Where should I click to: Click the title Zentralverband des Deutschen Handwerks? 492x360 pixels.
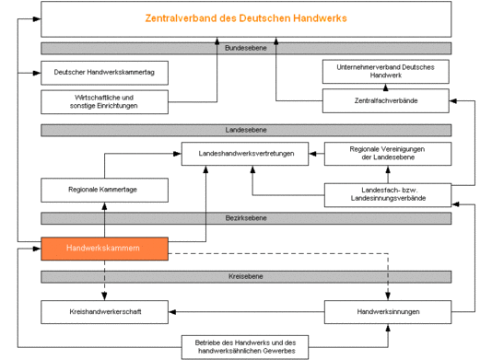246,18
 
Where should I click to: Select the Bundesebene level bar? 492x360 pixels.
246,48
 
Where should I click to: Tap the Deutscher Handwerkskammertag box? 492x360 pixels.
104,72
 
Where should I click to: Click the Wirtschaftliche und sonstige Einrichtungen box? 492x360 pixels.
104,100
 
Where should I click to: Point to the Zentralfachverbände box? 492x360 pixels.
387,100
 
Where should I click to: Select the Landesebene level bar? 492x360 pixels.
246,130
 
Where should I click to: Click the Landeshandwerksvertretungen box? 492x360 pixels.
252,154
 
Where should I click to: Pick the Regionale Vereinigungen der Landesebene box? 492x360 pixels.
387,153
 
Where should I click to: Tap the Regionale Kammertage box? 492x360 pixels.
104,191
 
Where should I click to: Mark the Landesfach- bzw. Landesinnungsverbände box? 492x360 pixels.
387,194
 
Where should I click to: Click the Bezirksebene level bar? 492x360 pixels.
246,218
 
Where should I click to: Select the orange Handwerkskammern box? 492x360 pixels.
104,249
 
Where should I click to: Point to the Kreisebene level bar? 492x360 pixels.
246,276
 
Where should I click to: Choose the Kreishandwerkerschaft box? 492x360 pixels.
104,311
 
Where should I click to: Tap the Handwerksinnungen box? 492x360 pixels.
387,311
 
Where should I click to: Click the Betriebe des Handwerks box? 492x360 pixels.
246,346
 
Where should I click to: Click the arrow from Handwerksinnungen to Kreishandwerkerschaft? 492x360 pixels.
246,311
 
